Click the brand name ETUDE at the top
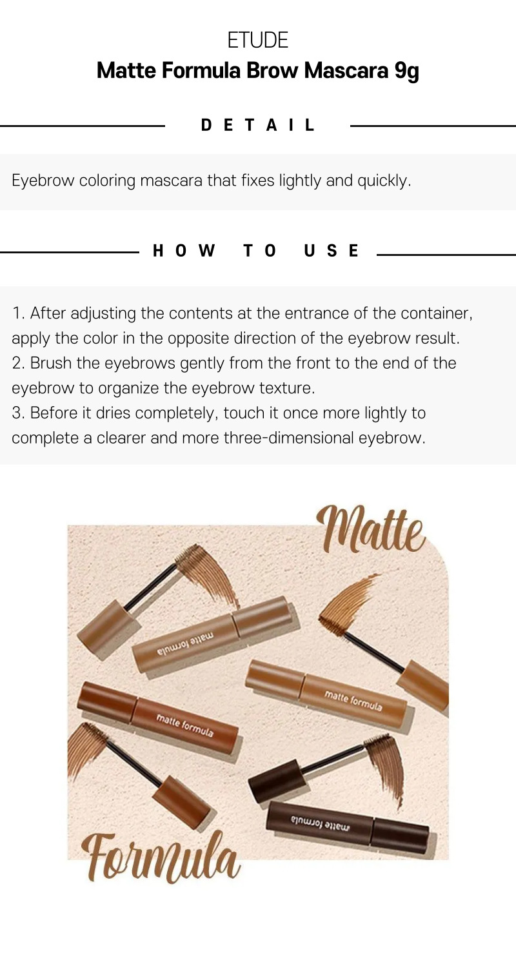pyautogui.click(x=258, y=40)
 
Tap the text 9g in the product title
pyautogui.click(x=406, y=71)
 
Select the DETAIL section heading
pyautogui.click(x=258, y=125)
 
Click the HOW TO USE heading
pyautogui.click(x=255, y=251)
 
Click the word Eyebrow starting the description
pyautogui.click(x=43, y=181)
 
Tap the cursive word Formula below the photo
pyautogui.click(x=161, y=857)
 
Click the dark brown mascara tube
pyautogui.click(x=348, y=826)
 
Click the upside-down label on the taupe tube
pyautogui.click(x=185, y=643)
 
